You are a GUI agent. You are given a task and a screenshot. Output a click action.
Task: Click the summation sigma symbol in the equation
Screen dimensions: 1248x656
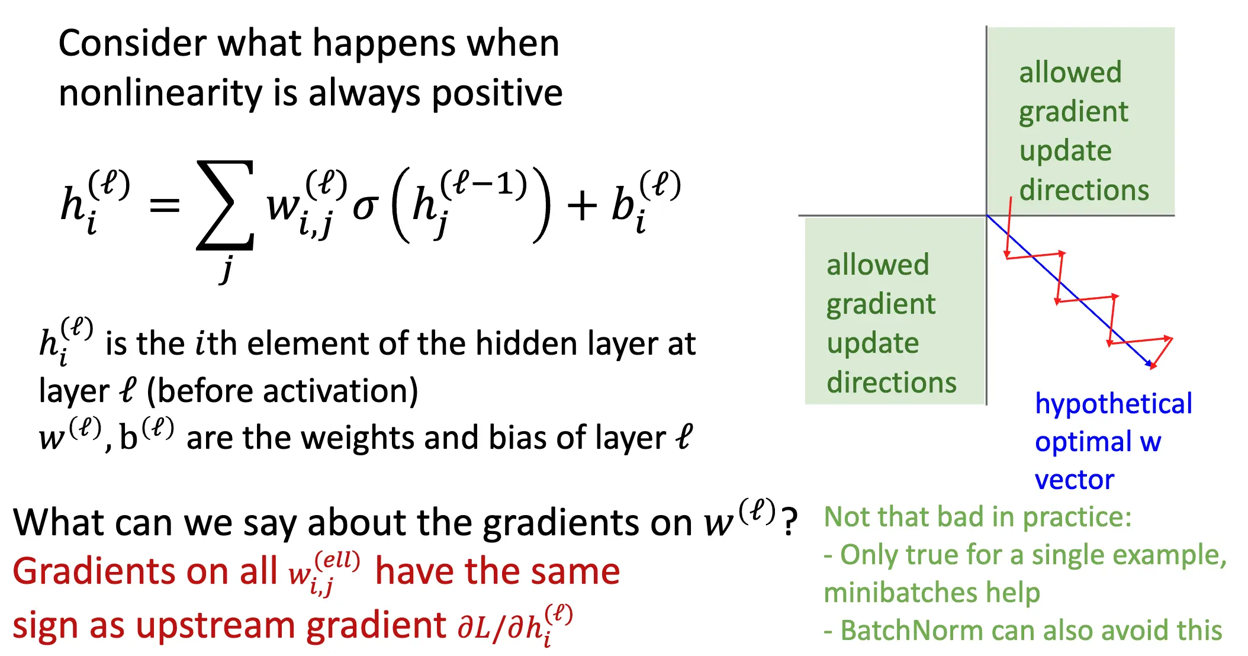point(226,205)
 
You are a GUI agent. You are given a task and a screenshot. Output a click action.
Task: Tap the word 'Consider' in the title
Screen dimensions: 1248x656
point(132,43)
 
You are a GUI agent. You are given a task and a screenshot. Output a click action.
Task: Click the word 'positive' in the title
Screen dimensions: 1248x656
point(497,94)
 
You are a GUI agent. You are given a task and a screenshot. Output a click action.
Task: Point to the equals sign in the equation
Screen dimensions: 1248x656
point(165,205)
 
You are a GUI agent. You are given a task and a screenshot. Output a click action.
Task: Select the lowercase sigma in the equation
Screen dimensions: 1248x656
point(365,207)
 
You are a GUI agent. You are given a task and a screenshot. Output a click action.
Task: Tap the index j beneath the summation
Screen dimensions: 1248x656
point(226,269)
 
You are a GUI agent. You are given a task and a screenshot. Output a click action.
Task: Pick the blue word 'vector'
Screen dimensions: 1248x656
point(1074,480)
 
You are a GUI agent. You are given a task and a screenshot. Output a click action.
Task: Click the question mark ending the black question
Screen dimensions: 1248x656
point(789,522)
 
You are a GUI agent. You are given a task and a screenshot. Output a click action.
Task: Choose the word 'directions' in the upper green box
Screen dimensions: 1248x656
point(1083,190)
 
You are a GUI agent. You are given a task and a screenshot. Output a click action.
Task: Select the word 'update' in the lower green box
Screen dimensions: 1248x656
point(873,344)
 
